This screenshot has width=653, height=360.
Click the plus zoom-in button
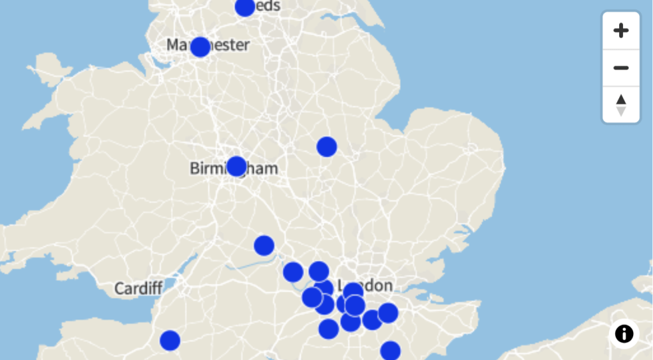620,31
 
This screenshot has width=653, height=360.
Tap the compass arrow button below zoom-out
620,105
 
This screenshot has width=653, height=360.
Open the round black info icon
624,333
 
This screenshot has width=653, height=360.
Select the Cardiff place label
139,289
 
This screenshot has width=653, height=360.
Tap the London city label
377,285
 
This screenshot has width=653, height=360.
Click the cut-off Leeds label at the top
267,6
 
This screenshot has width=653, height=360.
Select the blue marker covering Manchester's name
200,47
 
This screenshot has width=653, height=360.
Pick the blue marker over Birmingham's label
236,166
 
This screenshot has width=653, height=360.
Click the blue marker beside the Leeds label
244,7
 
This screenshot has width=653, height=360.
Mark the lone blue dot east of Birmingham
326,147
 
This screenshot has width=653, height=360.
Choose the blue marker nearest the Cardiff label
170,340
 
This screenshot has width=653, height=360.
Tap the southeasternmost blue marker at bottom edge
390,350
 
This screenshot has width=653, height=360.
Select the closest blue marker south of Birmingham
264,245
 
